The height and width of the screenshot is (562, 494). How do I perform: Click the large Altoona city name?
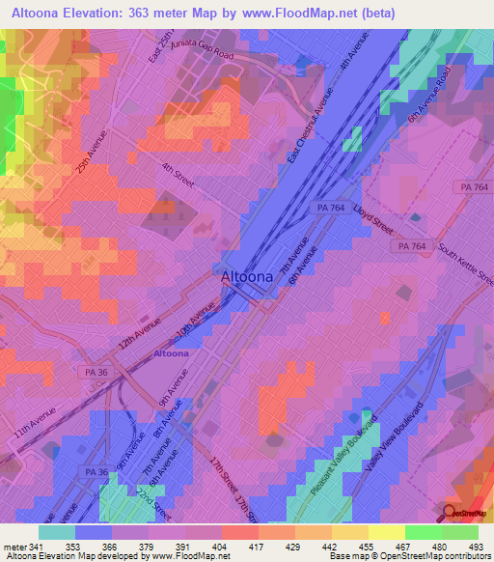[x=252, y=276]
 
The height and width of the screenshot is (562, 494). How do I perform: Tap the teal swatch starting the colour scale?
[x=57, y=532]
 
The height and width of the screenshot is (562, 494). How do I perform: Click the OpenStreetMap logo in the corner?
[x=465, y=514]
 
